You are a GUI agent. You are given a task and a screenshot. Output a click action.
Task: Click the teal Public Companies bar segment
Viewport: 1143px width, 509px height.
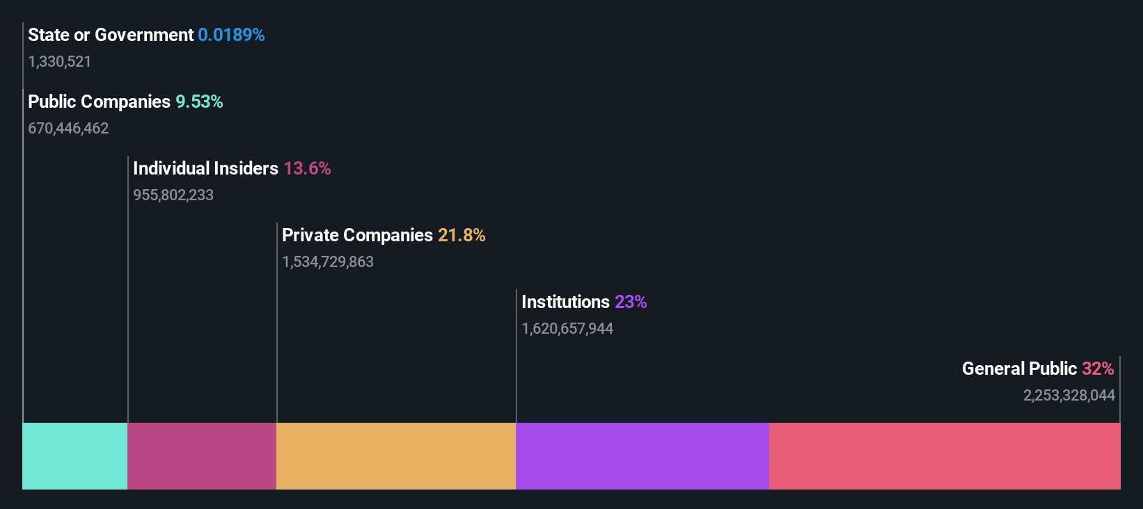[75, 456]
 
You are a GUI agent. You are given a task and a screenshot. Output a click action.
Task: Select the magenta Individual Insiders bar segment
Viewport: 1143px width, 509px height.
[202, 456]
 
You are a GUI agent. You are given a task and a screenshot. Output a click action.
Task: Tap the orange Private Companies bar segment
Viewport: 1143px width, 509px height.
[396, 456]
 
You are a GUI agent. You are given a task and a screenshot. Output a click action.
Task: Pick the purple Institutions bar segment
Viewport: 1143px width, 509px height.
[643, 456]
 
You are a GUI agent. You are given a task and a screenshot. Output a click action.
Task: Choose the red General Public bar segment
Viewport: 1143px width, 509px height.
[945, 456]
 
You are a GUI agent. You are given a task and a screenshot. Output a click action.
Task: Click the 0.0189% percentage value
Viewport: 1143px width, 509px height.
[231, 35]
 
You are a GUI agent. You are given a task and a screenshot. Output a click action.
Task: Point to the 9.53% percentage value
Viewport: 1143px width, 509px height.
[199, 102]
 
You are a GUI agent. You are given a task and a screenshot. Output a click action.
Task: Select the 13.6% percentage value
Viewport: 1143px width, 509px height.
[307, 169]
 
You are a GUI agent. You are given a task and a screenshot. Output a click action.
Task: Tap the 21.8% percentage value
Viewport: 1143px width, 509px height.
[462, 236]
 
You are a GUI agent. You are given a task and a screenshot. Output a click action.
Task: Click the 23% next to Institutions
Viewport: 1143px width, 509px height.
[631, 302]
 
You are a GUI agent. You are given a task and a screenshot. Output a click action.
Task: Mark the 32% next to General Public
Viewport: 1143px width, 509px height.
[1098, 369]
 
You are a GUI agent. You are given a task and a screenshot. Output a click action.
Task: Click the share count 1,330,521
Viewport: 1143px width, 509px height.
[60, 62]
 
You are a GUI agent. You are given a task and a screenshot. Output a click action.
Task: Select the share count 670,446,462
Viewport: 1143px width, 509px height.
[68, 129]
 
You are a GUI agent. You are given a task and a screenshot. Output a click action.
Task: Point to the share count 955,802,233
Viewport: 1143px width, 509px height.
[173, 195]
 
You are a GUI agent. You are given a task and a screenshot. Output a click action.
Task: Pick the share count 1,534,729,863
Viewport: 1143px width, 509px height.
[328, 262]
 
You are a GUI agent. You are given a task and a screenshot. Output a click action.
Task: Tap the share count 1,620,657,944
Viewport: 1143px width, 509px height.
[567, 329]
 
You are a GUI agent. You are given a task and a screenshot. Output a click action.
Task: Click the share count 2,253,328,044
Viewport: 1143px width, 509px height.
[1069, 396]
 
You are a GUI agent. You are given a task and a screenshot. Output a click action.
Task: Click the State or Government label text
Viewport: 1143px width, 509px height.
[111, 35]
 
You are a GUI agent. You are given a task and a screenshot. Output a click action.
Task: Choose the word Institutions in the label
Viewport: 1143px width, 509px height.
[565, 302]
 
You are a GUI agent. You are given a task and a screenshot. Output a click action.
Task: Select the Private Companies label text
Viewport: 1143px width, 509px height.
[357, 236]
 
